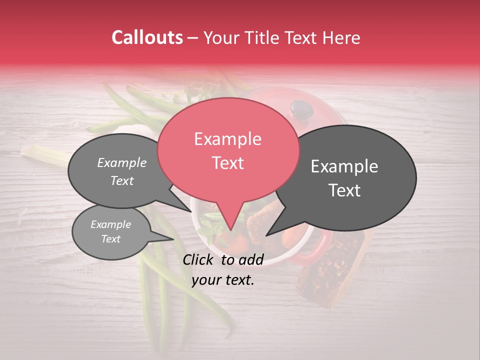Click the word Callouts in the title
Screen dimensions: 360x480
(147, 37)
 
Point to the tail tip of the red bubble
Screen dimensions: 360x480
(231, 230)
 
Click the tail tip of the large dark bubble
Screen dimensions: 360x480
(267, 235)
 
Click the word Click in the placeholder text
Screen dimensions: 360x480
(199, 259)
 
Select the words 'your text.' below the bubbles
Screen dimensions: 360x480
(223, 280)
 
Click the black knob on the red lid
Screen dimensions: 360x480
(300, 106)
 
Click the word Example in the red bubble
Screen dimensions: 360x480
(227, 139)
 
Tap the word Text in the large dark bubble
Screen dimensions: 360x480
(344, 190)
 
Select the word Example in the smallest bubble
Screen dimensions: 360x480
(110, 224)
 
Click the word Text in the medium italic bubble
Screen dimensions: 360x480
(122, 180)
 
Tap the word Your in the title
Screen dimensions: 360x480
(221, 37)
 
